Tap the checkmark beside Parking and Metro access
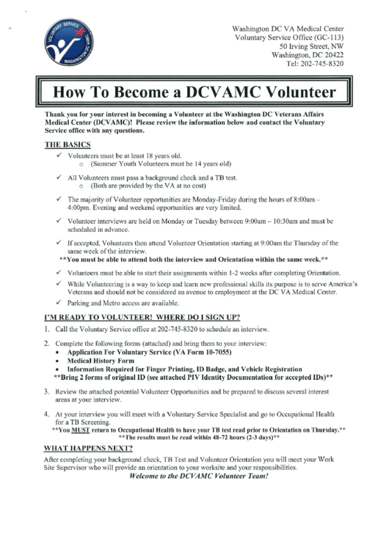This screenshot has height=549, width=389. click(59, 302)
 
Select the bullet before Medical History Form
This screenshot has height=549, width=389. click(59, 361)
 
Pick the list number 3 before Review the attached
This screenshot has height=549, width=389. click(47, 392)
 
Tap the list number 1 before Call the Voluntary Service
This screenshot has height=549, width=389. click(47, 330)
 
